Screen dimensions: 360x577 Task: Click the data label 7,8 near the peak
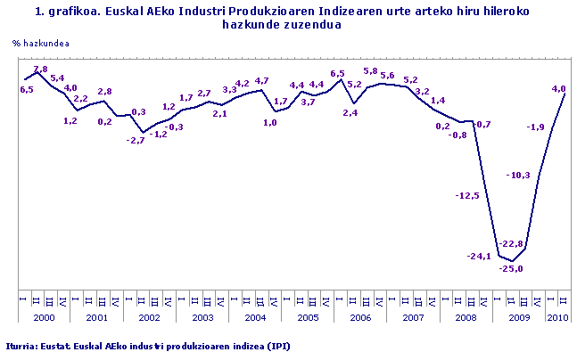tap(40, 69)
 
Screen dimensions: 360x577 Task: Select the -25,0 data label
tap(511, 269)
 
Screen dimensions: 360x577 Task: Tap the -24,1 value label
tap(479, 257)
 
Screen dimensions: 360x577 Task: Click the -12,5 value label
tap(467, 195)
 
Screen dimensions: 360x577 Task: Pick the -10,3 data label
tap(518, 175)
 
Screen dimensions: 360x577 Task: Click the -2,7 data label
tap(136, 140)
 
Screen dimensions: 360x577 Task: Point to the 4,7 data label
tap(261, 80)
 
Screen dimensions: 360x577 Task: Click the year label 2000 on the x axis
tap(44, 317)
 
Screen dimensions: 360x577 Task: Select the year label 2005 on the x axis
tap(308, 317)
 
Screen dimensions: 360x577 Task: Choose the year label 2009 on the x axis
tap(518, 317)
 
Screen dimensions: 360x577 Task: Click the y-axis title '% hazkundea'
tap(41, 42)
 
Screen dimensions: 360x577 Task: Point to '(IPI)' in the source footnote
tap(276, 345)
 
